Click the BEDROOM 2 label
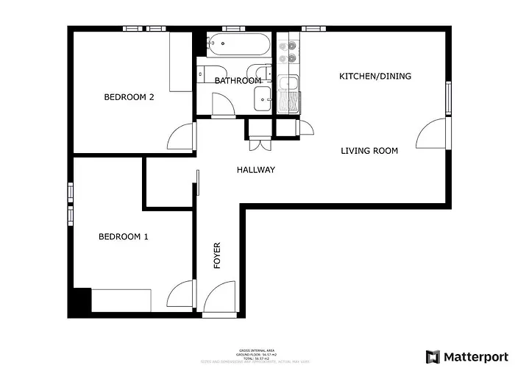129,97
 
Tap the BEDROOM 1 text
124,237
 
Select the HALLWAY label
255,170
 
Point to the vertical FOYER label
217,255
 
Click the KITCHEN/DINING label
374,77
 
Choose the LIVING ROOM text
369,151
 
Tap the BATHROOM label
238,80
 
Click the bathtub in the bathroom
237,46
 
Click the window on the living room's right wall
447,99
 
